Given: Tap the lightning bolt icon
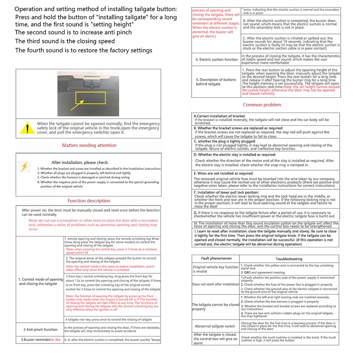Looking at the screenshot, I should point(24,166).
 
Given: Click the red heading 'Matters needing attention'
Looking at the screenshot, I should point(89,145).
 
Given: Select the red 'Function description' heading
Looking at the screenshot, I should point(89,201).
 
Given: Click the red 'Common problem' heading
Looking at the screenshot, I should point(262,105).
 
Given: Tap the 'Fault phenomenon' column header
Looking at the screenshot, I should point(216,258).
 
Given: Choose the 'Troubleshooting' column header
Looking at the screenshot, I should point(289,259).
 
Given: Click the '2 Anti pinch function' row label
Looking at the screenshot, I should point(40,329).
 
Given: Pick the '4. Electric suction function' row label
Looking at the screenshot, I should point(217,59).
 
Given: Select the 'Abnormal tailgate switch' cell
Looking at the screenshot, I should point(215,326).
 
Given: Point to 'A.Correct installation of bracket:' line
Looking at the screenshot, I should point(220,116).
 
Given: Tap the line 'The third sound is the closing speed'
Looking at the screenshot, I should point(65,41).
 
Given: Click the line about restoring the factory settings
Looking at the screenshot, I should point(84,50).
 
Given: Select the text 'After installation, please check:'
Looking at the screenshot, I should point(80,162).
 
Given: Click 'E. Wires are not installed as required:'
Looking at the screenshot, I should point(224,173).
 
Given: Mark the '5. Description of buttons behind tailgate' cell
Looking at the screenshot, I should point(216,82).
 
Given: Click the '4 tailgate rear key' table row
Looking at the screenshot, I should point(108,319).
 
